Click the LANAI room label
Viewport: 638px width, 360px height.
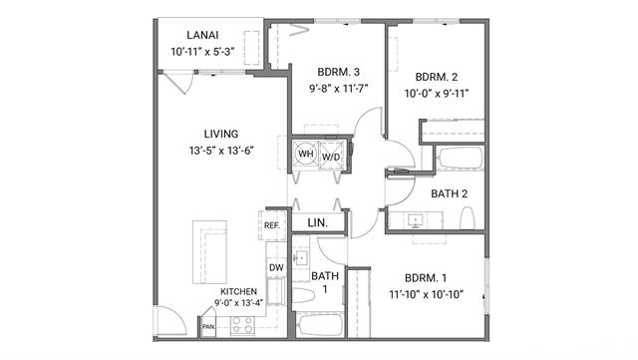(x=202, y=35)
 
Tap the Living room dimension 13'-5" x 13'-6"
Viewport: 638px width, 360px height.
(x=221, y=151)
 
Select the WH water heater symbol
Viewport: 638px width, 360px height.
(x=306, y=154)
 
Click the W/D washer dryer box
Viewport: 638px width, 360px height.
(x=331, y=155)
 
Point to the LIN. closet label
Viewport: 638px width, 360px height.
(x=318, y=222)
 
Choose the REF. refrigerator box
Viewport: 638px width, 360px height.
(x=272, y=225)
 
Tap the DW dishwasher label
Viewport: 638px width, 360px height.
(x=276, y=267)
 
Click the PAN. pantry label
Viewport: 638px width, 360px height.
(x=208, y=327)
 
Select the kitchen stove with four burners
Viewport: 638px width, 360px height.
(x=242, y=325)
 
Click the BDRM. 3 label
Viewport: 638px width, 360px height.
(x=339, y=72)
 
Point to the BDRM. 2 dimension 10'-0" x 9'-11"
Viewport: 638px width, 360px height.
(x=437, y=94)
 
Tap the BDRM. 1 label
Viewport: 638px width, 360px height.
(x=426, y=278)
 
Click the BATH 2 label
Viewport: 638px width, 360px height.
(x=450, y=193)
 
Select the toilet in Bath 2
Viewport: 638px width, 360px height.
(x=468, y=217)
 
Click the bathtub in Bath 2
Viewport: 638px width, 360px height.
(x=461, y=158)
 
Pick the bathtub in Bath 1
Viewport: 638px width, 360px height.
(x=319, y=325)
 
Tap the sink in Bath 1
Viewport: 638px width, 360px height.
(x=301, y=258)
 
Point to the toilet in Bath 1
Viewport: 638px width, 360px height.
(x=303, y=295)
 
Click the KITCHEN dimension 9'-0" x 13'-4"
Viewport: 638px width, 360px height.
(x=239, y=302)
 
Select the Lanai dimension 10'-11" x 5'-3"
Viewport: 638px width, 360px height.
(x=202, y=52)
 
